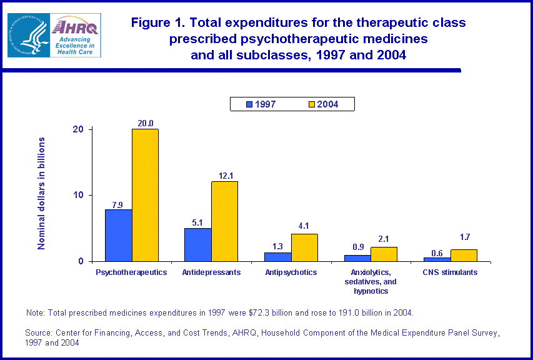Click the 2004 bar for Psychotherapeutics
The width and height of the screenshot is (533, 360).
[145, 195]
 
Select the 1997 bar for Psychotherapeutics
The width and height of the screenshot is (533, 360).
[118, 235]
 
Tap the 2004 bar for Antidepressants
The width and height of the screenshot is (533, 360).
[224, 221]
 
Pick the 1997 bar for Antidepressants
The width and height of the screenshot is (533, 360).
[197, 244]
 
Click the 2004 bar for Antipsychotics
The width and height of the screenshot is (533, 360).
[304, 247]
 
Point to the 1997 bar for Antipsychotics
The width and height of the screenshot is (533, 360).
[277, 257]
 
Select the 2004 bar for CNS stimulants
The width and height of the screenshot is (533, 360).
[463, 256]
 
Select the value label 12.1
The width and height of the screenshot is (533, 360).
[224, 176]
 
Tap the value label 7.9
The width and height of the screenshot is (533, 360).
[118, 204]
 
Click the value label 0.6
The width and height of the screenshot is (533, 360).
[437, 252]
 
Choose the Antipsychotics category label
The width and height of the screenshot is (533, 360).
[291, 272]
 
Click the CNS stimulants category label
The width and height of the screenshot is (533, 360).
[450, 272]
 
